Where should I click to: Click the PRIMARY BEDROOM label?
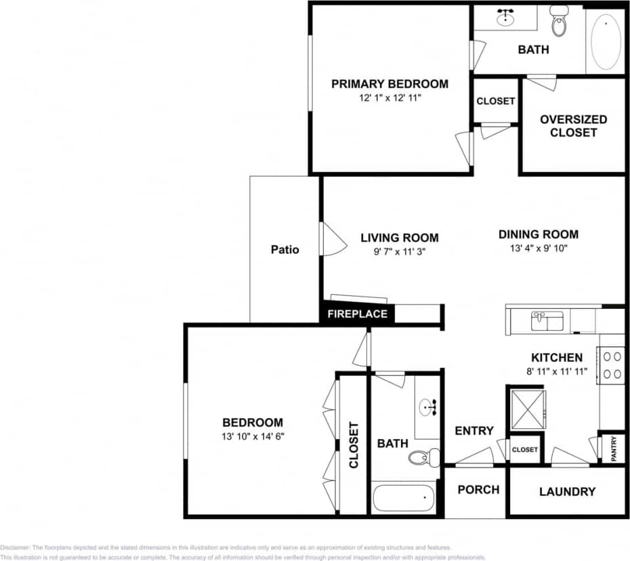(390, 84)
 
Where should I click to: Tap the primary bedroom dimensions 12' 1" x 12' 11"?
(390, 98)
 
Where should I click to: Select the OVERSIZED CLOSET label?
(573, 126)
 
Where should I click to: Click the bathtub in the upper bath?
(606, 41)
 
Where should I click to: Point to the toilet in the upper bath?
(559, 22)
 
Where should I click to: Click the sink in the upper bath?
(505, 18)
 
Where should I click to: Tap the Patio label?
(285, 249)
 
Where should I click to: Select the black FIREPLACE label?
(357, 314)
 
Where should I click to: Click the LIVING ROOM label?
(399, 238)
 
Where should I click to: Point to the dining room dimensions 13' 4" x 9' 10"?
(539, 248)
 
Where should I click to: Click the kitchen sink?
(547, 320)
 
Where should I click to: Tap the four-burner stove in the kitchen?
(612, 364)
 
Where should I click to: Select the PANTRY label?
(614, 449)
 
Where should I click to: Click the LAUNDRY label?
(567, 492)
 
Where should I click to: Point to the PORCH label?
(478, 489)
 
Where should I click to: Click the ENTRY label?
(474, 431)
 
